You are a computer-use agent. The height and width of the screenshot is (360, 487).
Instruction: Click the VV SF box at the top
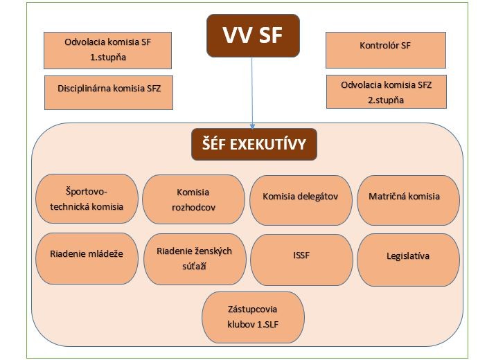(x=253, y=35)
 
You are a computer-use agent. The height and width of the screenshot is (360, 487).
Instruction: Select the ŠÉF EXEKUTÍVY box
(x=254, y=144)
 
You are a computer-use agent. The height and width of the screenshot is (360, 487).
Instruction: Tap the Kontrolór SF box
(x=386, y=50)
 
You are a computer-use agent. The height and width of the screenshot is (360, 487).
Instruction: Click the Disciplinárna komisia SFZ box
(x=109, y=93)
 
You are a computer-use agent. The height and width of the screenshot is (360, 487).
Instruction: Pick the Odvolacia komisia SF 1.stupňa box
(x=107, y=51)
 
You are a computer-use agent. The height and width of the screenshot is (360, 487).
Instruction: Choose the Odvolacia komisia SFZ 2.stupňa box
(x=387, y=91)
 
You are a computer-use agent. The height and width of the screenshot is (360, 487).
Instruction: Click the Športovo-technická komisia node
(x=87, y=199)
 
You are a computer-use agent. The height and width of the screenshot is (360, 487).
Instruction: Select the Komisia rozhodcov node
(x=193, y=199)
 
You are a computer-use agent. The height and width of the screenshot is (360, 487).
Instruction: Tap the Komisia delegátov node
(x=301, y=200)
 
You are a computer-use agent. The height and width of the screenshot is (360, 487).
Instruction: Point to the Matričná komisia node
(x=408, y=200)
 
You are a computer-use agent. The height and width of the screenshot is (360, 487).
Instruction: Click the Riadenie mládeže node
(x=87, y=258)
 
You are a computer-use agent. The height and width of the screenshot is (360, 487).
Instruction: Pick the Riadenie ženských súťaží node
(x=195, y=259)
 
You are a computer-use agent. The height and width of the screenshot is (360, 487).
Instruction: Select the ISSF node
(x=301, y=260)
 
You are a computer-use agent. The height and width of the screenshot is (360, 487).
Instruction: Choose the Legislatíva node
(x=408, y=260)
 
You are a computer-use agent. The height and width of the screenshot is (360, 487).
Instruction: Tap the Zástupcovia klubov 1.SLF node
(x=253, y=317)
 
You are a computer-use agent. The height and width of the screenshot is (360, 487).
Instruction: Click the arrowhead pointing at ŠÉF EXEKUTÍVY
(x=253, y=126)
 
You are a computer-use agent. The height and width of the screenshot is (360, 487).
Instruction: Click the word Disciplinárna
(x=85, y=89)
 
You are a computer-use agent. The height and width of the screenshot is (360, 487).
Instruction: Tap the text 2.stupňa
(x=386, y=100)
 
